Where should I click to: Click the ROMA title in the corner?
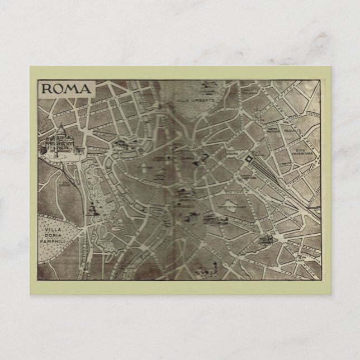(65, 89)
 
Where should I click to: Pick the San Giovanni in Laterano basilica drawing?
(263, 240)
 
